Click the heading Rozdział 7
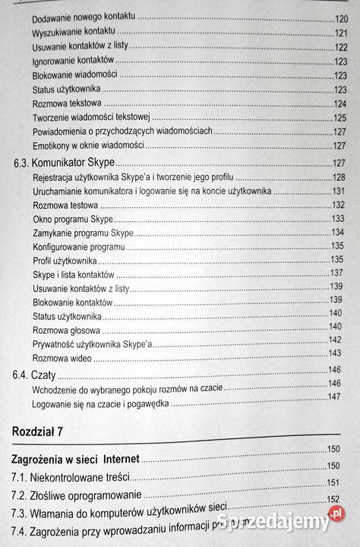click(x=38, y=432)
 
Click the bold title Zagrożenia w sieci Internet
click(x=79, y=460)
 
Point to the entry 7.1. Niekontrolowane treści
click(x=71, y=478)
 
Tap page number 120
click(x=340, y=18)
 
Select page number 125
click(x=339, y=117)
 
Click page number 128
click(x=339, y=177)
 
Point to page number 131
click(x=339, y=191)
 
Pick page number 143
click(x=334, y=354)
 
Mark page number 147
click(x=333, y=397)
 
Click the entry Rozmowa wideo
click(x=62, y=357)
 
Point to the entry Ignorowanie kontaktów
click(x=73, y=61)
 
